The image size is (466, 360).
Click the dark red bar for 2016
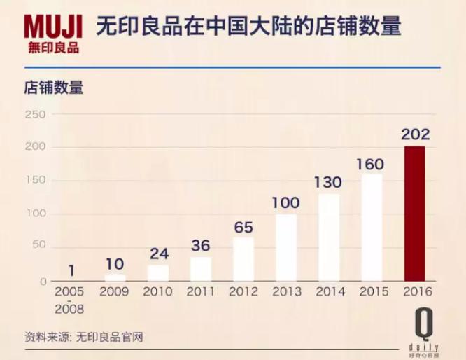click(x=415, y=214)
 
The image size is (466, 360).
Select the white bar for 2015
click(x=372, y=228)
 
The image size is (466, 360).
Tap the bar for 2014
click(x=329, y=237)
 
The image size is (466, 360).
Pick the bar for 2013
click(x=285, y=247)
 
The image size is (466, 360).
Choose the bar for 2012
click(x=243, y=259)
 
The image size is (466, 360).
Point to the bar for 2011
click(x=201, y=269)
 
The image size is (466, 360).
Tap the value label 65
click(x=243, y=227)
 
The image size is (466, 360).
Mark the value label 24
click(x=158, y=254)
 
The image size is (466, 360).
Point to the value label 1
click(x=72, y=270)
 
